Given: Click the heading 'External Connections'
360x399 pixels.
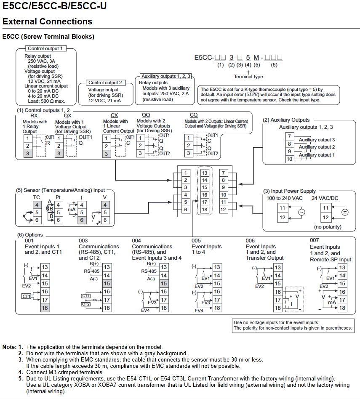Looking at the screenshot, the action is (x=47, y=21).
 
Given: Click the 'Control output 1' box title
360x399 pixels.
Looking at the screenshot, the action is (x=45, y=48).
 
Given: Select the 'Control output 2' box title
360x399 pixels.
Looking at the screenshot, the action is (x=105, y=82).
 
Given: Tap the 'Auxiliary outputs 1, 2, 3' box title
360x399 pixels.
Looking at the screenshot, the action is (x=166, y=76).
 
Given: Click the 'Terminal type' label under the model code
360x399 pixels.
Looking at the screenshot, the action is (x=248, y=77).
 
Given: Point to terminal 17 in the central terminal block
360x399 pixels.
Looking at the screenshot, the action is (x=205, y=202).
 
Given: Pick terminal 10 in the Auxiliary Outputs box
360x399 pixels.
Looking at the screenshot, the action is (x=290, y=159).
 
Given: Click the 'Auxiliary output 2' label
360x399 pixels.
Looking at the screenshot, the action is (x=317, y=147).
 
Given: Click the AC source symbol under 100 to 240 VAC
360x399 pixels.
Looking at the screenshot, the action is (x=302, y=212).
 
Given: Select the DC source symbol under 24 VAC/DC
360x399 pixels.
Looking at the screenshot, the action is (x=345, y=212).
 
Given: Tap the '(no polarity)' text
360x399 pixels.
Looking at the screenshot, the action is (x=328, y=227).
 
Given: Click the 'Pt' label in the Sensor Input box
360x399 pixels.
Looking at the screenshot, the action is (x=58, y=197).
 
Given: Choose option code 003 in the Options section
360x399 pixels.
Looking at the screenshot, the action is (x=83, y=241).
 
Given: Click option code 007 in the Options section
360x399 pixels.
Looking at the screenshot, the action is (x=314, y=240).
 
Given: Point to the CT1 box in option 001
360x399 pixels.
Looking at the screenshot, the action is (x=26, y=296).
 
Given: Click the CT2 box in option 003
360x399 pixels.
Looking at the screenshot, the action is (x=86, y=304).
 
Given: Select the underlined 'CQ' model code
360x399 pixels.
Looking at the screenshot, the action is (x=194, y=115).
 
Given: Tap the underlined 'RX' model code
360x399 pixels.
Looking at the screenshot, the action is (x=34, y=116).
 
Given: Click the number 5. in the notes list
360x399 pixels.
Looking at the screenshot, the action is (x=21, y=378).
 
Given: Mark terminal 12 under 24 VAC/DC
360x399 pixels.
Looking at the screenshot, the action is (x=325, y=218).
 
